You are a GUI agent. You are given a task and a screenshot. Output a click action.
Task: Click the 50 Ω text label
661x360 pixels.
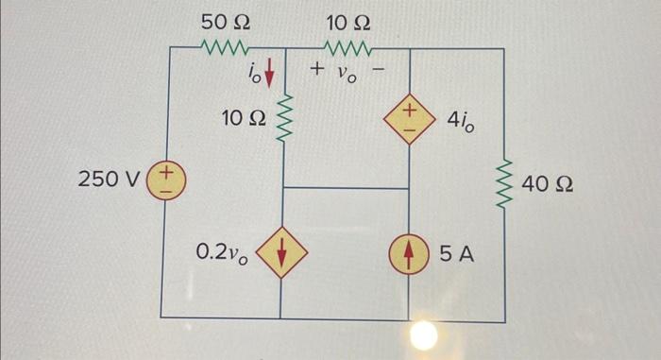[x=225, y=20]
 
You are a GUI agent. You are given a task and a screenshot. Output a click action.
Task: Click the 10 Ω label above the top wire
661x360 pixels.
[x=348, y=20]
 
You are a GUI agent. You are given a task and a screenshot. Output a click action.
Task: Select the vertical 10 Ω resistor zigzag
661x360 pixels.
[x=283, y=118]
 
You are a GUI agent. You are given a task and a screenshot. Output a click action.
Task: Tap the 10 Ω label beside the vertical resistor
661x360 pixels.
[x=243, y=119]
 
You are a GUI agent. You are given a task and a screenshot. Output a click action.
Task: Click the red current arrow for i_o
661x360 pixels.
[x=271, y=70]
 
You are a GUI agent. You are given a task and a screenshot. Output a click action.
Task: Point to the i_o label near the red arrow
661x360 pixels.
[x=252, y=70]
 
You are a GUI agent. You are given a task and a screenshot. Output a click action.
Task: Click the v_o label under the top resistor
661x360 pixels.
[x=349, y=72]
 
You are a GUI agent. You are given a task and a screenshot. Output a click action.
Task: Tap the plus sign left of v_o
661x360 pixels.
[x=317, y=70]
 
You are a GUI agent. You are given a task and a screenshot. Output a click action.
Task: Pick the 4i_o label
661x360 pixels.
[x=461, y=121]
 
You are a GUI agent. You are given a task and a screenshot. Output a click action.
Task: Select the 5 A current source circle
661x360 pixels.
[x=409, y=253]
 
